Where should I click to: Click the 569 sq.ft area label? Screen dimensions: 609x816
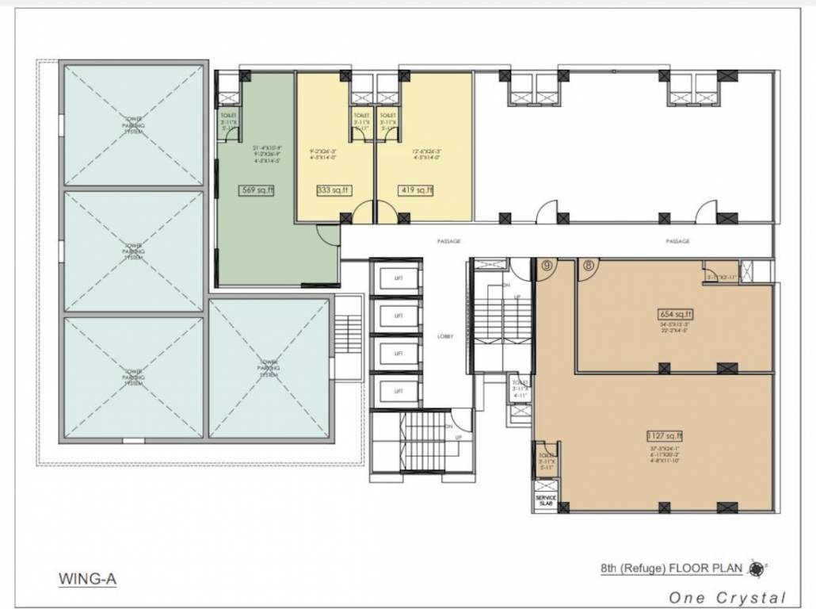coord(256,190)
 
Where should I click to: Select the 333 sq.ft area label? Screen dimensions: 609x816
coord(334,190)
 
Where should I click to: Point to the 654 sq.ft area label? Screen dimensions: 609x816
coord(676,312)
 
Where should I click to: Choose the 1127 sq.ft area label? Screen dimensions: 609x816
coord(664,435)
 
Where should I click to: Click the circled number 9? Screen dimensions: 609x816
coord(545,266)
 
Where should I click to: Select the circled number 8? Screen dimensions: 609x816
coord(588,266)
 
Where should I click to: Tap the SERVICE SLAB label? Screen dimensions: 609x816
coord(547,501)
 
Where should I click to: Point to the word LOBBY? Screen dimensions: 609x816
coord(445,336)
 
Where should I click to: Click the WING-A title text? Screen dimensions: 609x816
coord(87,579)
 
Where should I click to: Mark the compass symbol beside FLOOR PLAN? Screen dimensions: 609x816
coord(757,568)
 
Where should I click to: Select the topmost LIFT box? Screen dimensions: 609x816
coord(399,278)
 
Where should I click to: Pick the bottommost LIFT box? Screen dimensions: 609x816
coord(399,391)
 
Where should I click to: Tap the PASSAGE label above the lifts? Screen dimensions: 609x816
coord(448,241)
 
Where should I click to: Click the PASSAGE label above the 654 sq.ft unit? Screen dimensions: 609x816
coord(677,241)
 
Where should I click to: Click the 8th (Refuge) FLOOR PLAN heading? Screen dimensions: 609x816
coord(670,568)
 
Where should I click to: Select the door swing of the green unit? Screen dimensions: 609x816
coord(327,235)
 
